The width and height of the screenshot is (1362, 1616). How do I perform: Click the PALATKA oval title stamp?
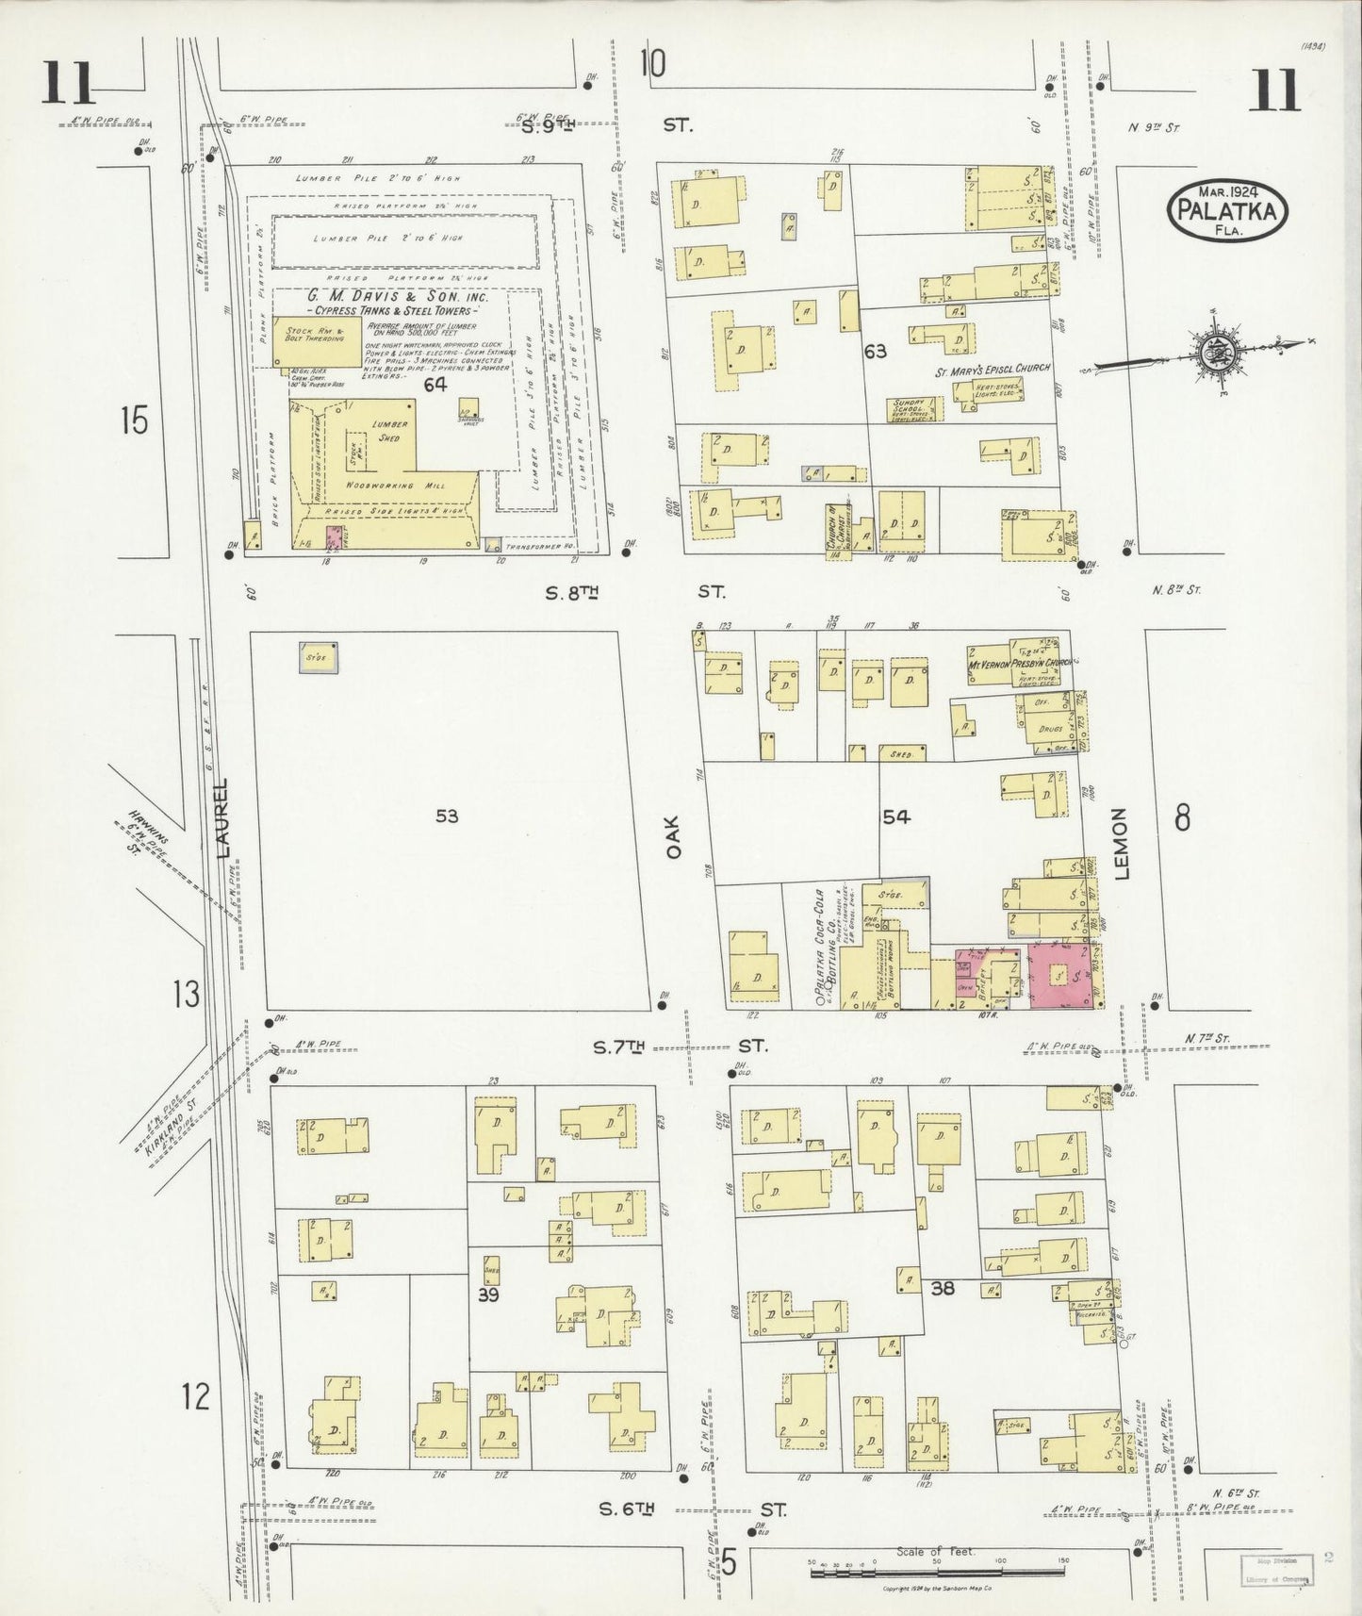click(x=1228, y=211)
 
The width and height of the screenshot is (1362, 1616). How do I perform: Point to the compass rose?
click(x=1213, y=353)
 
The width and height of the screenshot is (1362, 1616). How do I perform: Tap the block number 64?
click(x=435, y=385)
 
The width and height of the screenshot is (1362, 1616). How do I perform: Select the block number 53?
click(x=447, y=816)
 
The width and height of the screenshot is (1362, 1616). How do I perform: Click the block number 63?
click(x=875, y=352)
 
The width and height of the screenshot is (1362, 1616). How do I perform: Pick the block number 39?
click(x=487, y=1294)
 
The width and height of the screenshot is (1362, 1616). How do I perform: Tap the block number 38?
click(x=943, y=1287)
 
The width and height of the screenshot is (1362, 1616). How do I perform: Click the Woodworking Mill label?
click(x=383, y=484)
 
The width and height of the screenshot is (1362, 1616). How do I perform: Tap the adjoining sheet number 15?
click(x=134, y=420)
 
